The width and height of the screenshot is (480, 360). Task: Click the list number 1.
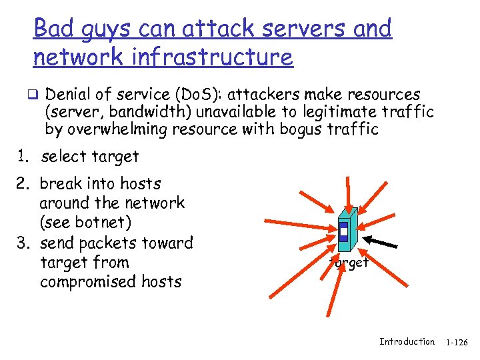tap(22, 157)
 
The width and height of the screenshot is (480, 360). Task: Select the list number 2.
tap(22, 183)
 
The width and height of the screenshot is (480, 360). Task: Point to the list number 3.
tap(22, 243)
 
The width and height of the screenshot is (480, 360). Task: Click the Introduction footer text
tap(407, 341)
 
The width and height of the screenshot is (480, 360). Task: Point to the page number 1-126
tap(457, 342)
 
